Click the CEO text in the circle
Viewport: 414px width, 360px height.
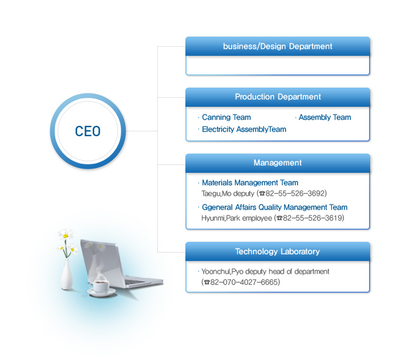[x=88, y=131]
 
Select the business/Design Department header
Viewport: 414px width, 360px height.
[x=277, y=46]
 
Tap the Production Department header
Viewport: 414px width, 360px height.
[x=277, y=97]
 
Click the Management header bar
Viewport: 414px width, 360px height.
[x=277, y=163]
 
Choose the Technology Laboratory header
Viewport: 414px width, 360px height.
[x=277, y=251]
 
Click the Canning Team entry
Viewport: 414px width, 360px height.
[x=226, y=117]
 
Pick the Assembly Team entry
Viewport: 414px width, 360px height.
[x=325, y=117]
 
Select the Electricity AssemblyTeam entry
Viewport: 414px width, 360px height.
[x=244, y=129]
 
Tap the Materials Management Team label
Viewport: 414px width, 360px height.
[x=250, y=182]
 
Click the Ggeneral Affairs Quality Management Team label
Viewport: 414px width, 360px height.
[x=275, y=207]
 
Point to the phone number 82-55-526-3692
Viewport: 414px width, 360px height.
[x=295, y=193]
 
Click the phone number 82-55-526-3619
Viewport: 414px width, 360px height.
[x=313, y=218]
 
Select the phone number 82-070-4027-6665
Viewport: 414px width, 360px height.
[x=244, y=282]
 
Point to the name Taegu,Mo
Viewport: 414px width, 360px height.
[x=217, y=194]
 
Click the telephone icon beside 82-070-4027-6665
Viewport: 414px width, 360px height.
[x=207, y=283]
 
